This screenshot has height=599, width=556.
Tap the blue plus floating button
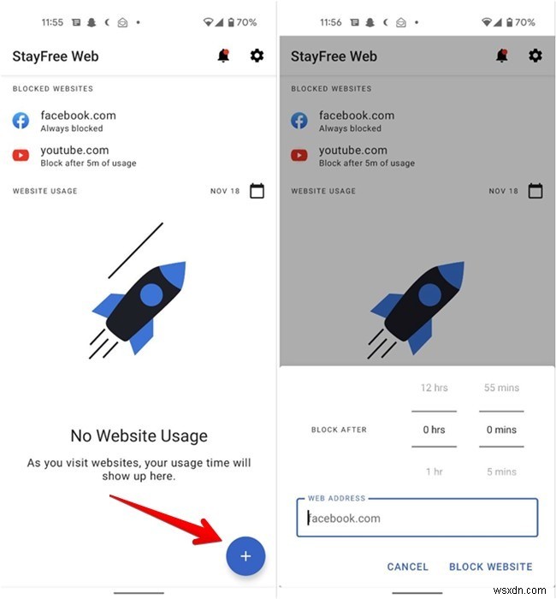click(245, 556)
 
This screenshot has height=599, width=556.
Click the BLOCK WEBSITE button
click(490, 566)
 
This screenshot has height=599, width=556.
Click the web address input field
click(417, 518)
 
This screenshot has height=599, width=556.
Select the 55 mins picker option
click(502, 388)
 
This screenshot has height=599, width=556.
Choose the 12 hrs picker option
click(435, 388)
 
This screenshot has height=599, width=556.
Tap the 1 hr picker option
click(435, 471)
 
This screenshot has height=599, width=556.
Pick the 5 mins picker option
click(502, 471)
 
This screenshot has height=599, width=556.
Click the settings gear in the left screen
click(257, 56)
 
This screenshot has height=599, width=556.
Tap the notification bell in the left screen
click(223, 56)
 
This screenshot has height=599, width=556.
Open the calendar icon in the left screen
click(257, 191)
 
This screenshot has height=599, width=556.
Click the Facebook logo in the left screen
click(21, 121)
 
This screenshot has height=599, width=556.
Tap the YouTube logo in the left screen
click(21, 156)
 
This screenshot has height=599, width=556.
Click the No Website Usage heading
click(139, 436)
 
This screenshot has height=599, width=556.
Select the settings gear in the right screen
click(535, 56)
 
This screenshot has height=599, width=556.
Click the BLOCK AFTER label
click(339, 430)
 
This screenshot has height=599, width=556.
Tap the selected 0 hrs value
click(435, 430)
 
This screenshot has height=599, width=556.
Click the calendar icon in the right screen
click(535, 191)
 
